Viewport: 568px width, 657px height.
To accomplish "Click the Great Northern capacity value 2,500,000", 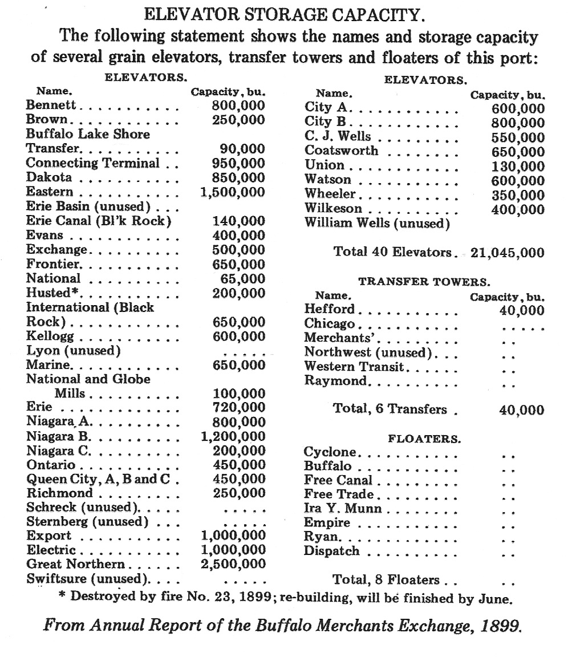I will pyautogui.click(x=234, y=565).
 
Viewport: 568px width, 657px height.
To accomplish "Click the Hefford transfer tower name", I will pyautogui.click(x=329, y=310).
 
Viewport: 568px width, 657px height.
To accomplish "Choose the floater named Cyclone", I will pyautogui.click(x=330, y=452).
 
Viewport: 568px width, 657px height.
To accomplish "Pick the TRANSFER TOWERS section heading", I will pyautogui.click(x=423, y=282).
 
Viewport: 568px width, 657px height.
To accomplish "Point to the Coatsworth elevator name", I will pyautogui.click(x=341, y=151).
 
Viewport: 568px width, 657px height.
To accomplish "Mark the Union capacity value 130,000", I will pyautogui.click(x=517, y=166).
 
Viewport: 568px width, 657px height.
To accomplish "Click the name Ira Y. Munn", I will pyautogui.click(x=343, y=508).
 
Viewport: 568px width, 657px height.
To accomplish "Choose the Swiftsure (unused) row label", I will pyautogui.click(x=88, y=579).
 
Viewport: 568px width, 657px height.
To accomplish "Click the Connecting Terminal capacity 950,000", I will pyautogui.click(x=238, y=163).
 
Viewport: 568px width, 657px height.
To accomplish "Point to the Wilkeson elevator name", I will pyautogui.click(x=333, y=209).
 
